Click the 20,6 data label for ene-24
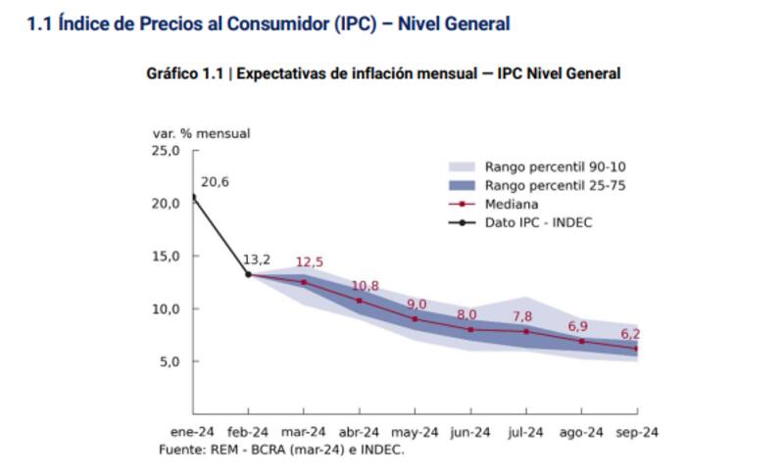tap(215, 182)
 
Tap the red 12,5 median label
tap(310, 262)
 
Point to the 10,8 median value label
tap(365, 286)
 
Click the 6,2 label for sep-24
tap(630, 334)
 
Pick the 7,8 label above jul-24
tap(522, 316)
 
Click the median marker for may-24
tap(416, 318)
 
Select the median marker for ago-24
tap(582, 341)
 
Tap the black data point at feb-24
tap(248, 274)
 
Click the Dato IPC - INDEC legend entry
tap(538, 222)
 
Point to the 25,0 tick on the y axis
tap(166, 151)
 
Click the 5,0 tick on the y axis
tap(170, 361)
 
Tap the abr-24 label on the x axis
tap(359, 432)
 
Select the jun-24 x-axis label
tap(470, 432)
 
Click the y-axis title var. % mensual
tap(201, 132)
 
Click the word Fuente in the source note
tap(180, 450)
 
